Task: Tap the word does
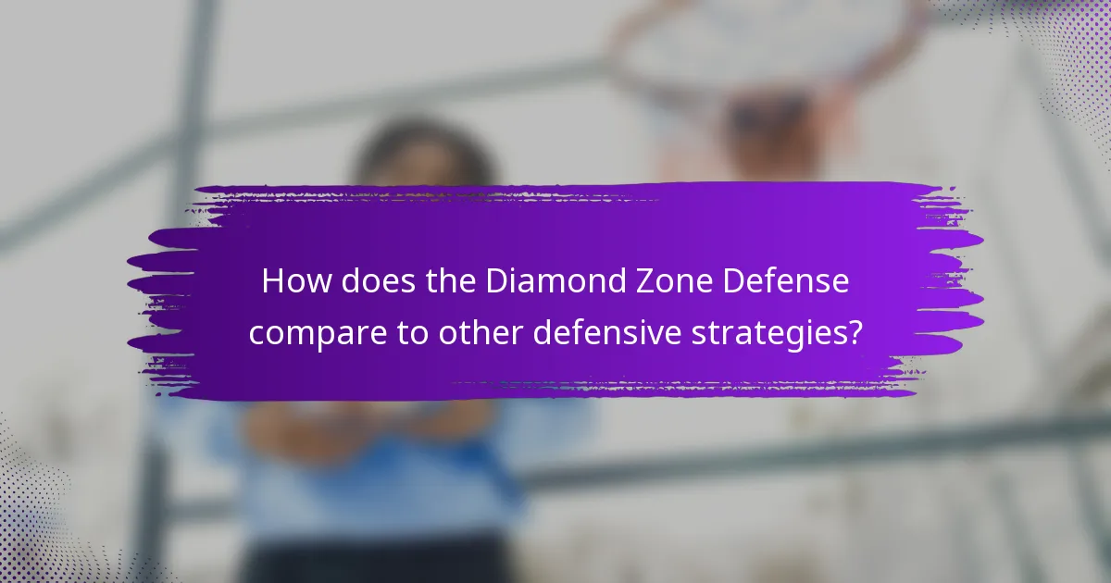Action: [x=366, y=281]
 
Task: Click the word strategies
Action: [x=780, y=332]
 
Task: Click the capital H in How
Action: [x=272, y=281]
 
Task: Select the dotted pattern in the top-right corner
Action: [x=1065, y=56]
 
